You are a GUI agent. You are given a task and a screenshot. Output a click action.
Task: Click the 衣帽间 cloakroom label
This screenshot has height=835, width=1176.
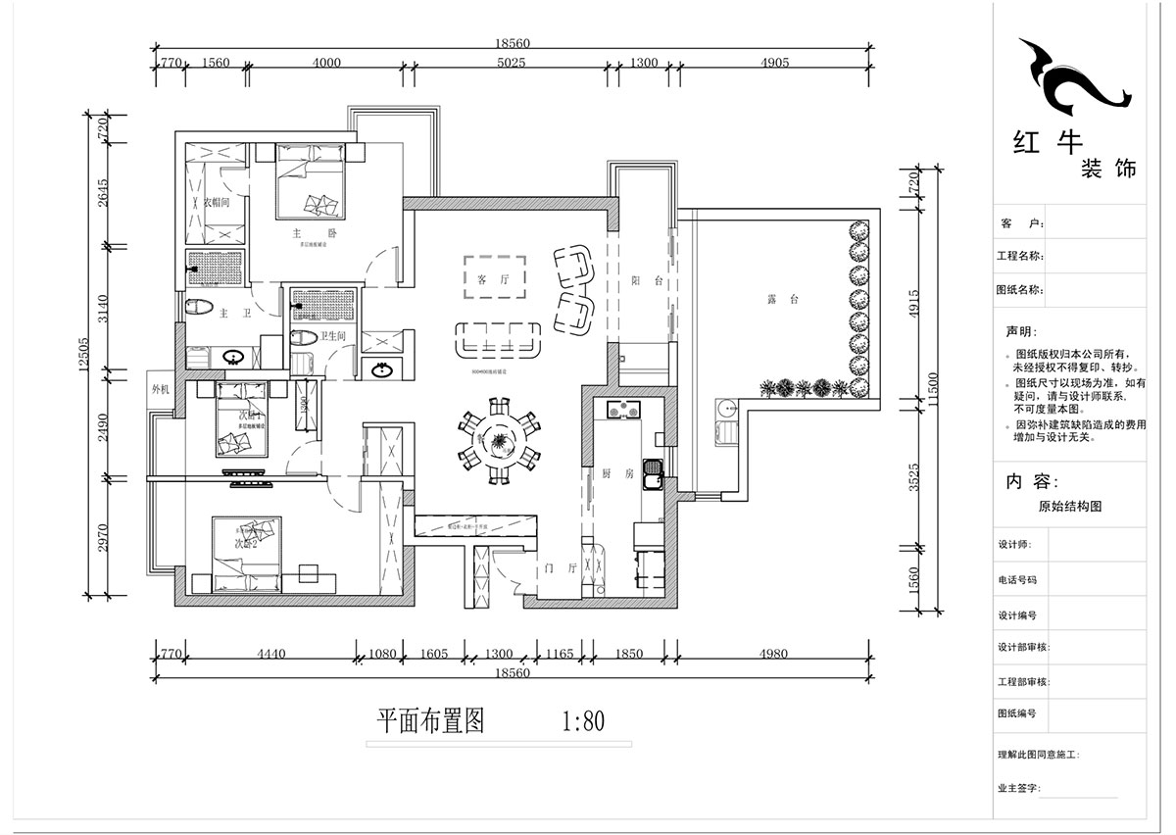pyautogui.click(x=216, y=202)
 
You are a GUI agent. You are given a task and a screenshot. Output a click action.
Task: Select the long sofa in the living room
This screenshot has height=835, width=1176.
pyautogui.click(x=500, y=340)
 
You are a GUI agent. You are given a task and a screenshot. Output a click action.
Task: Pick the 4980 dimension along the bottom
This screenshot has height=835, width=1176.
pyautogui.click(x=772, y=654)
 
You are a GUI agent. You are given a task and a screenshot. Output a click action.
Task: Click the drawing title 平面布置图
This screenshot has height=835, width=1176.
pyautogui.click(x=431, y=722)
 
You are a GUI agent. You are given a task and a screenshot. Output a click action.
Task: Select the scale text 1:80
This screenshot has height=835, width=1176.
pyautogui.click(x=582, y=722)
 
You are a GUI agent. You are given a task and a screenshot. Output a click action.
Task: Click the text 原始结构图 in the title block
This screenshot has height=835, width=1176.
pyautogui.click(x=1070, y=507)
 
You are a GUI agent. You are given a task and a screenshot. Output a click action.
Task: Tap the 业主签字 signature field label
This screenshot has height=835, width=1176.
pyautogui.click(x=1019, y=787)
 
